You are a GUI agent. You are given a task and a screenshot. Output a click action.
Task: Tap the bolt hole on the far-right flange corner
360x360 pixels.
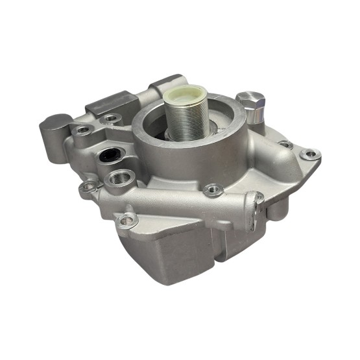tap(311, 154)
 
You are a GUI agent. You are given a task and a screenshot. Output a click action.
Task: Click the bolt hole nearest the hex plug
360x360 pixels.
tap(284, 145)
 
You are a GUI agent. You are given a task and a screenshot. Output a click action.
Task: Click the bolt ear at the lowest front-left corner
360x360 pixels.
tap(124, 221)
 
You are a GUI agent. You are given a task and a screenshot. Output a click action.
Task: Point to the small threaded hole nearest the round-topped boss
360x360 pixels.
tap(82, 130)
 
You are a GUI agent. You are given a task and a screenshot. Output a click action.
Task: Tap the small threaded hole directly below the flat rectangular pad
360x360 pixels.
tap(112, 119)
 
